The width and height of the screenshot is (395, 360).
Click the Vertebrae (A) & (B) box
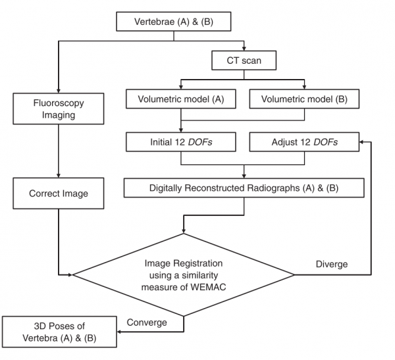pyautogui.click(x=174, y=22)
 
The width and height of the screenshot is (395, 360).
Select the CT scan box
pyautogui.click(x=244, y=61)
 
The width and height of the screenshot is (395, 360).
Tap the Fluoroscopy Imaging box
pyautogui.click(x=59, y=109)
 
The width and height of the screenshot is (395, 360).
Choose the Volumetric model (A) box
pyautogui.click(x=181, y=99)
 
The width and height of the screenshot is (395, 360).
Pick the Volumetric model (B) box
pyautogui.click(x=304, y=99)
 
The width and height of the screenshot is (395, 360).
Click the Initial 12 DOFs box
pyautogui.click(x=181, y=142)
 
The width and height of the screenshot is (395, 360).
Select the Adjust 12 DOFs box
pyautogui.click(x=304, y=142)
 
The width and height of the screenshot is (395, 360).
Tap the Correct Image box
pyautogui.click(x=59, y=193)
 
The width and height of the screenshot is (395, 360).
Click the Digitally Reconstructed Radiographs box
pyautogui.click(x=244, y=188)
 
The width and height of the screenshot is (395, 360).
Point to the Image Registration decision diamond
pyautogui.click(x=184, y=274)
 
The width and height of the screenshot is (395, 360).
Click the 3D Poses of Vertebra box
pyautogui.click(x=59, y=332)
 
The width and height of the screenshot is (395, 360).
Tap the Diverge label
pyautogui.click(x=332, y=264)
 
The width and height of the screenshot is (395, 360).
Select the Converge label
pyautogui.click(x=147, y=322)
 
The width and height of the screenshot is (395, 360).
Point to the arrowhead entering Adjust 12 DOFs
pyautogui.click(x=361, y=142)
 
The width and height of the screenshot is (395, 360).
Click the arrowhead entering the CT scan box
pyautogui.click(x=244, y=49)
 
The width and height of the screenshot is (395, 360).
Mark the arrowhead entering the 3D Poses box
pyautogui.click(x=119, y=332)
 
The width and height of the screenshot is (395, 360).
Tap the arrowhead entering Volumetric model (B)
pyautogui.click(x=304, y=87)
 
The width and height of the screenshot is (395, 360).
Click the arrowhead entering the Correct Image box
pyautogui.click(x=59, y=176)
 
